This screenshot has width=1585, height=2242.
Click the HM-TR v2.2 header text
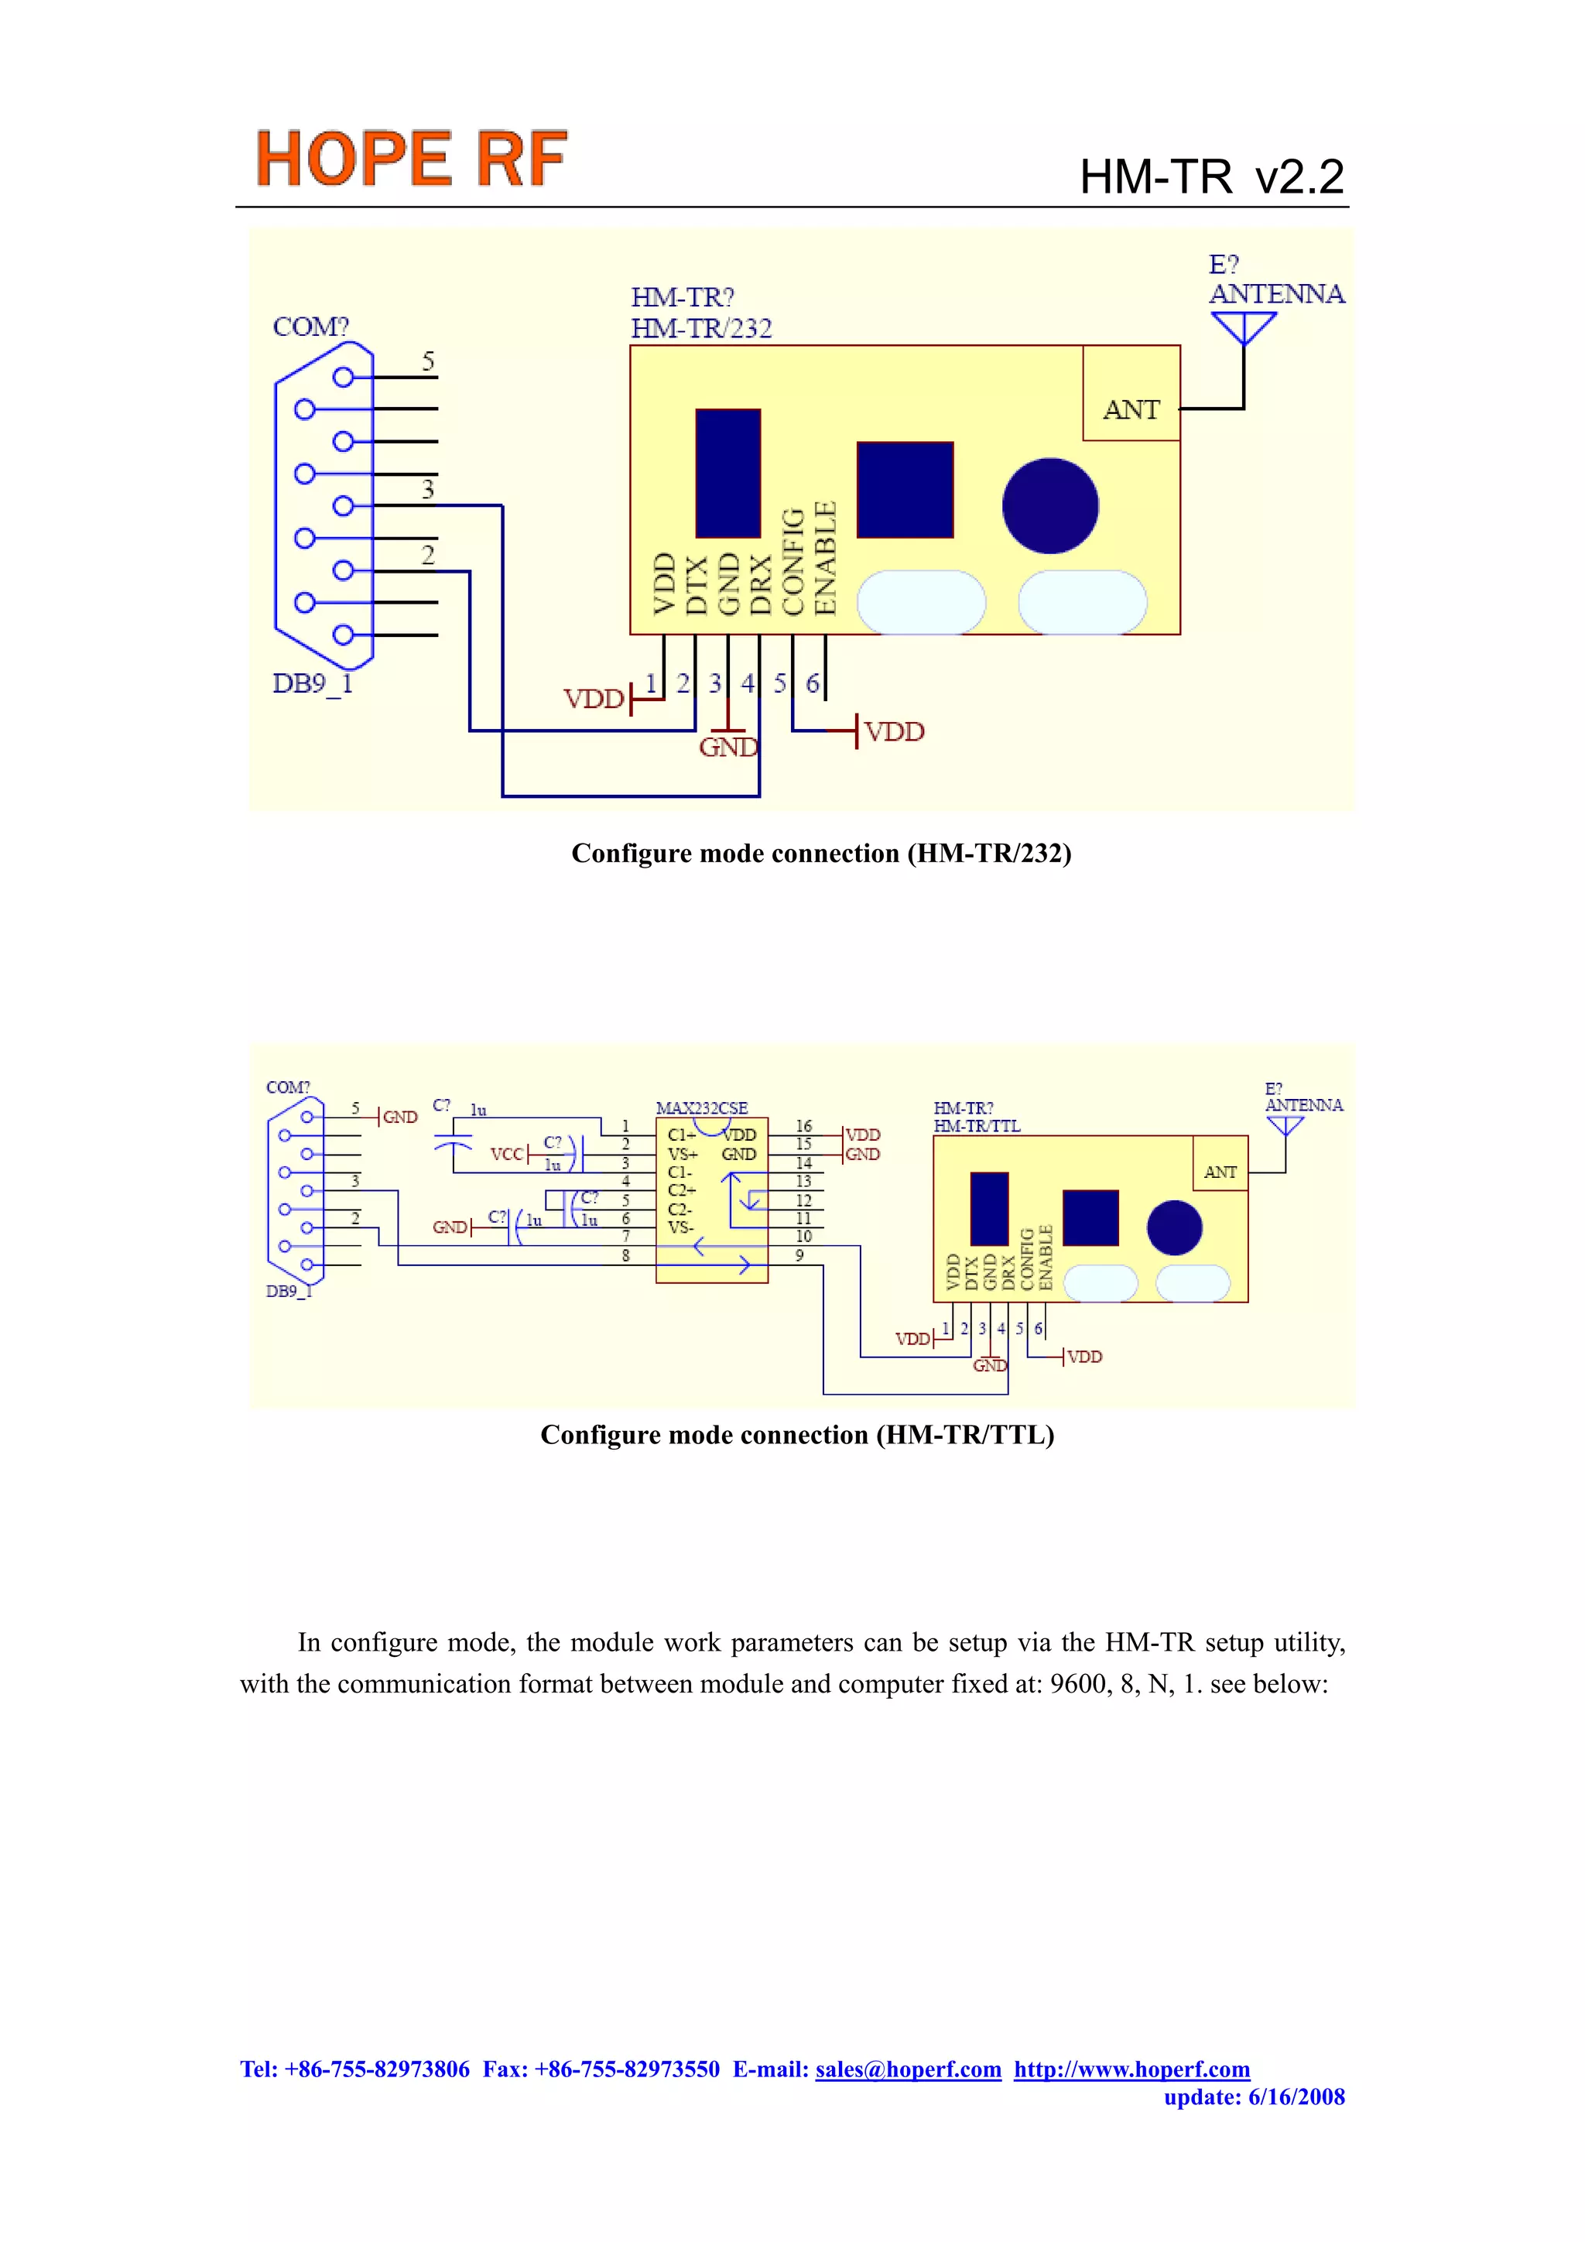[1211, 178]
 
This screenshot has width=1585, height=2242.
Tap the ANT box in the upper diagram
[1131, 409]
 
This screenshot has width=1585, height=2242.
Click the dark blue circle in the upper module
[1050, 506]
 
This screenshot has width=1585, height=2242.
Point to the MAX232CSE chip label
[701, 1108]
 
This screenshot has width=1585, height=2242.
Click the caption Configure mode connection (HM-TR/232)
[820, 854]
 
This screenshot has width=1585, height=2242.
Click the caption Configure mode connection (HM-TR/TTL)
[797, 1435]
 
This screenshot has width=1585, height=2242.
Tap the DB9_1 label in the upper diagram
[313, 683]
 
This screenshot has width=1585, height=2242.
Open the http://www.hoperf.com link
[1131, 2069]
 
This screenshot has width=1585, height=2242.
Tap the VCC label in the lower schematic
[507, 1154]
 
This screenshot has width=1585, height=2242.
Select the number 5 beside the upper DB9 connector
[428, 361]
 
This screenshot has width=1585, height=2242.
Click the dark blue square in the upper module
[904, 489]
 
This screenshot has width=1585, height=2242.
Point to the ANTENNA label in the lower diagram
[1304, 1105]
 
